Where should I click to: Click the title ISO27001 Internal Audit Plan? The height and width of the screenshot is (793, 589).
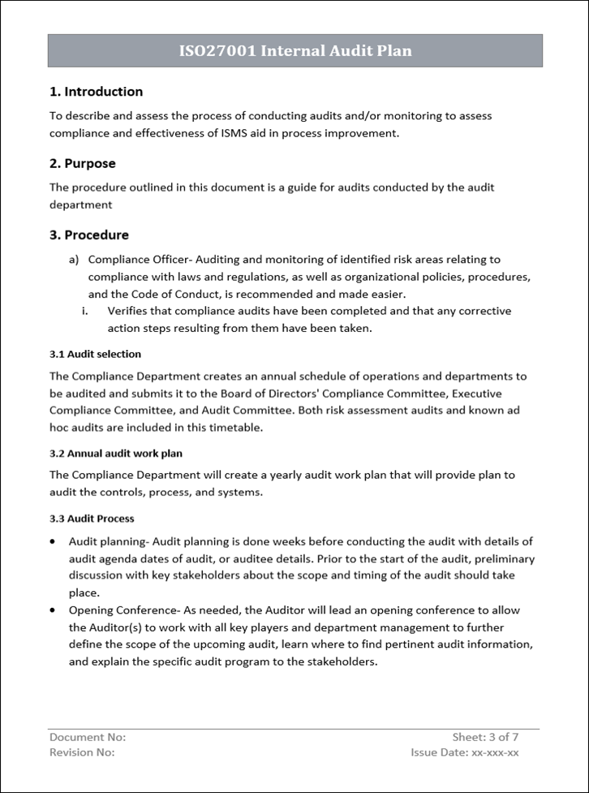tap(294, 51)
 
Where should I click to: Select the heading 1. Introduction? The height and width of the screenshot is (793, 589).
tap(96, 92)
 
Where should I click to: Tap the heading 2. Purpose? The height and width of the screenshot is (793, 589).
tap(82, 163)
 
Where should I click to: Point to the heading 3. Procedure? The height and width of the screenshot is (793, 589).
tap(88, 235)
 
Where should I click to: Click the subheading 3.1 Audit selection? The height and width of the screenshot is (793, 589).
tap(95, 354)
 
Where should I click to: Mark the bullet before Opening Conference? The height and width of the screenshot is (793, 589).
tap(53, 610)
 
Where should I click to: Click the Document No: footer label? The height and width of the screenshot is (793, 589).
tap(88, 737)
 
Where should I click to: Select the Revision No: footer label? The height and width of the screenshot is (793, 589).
tap(82, 752)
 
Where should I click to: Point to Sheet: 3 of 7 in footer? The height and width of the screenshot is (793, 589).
tap(485, 737)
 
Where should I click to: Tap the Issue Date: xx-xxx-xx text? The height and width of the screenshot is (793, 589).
tap(464, 752)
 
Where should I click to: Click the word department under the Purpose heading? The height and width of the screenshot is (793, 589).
tap(80, 205)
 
